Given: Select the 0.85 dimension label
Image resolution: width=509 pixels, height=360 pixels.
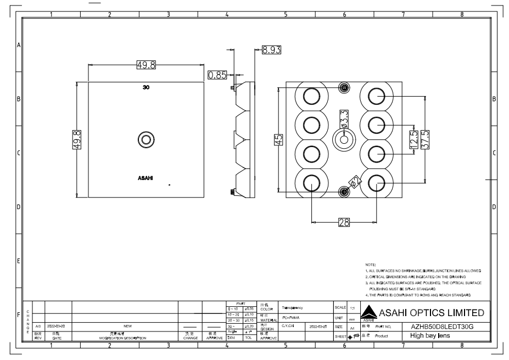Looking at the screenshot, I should coord(217,75).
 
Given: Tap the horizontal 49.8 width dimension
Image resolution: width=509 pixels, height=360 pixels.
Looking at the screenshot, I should coord(146,65).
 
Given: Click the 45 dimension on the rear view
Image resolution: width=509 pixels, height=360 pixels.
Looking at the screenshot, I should coord(278,140).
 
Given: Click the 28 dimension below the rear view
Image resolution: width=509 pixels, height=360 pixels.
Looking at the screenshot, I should coord(344,222).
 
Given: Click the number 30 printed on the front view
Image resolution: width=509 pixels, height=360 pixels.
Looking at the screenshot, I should coord(146,87).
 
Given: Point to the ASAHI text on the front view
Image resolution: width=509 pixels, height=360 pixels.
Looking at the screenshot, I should coord(146,178).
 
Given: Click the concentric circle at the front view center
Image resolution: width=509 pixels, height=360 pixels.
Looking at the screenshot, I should coord(146,139).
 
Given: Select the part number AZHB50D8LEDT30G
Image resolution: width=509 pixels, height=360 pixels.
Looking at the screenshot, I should coord(441,327).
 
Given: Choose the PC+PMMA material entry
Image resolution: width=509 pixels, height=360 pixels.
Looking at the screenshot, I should coord(289,317).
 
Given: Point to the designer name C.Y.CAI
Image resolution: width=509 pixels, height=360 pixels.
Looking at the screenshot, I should coord(288,326).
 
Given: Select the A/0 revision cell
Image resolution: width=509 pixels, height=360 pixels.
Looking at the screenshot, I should coord(38,327).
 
